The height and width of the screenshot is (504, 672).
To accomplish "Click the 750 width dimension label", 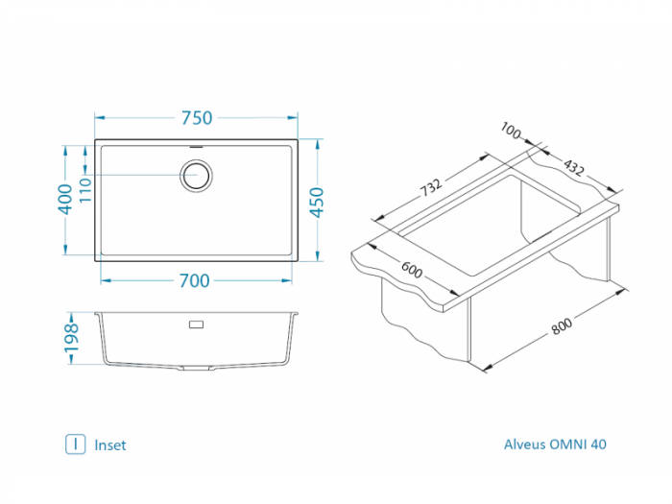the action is pyautogui.click(x=197, y=118).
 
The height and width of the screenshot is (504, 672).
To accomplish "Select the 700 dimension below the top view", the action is pyautogui.click(x=195, y=280).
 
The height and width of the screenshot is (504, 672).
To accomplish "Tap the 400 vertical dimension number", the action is pyautogui.click(x=65, y=199).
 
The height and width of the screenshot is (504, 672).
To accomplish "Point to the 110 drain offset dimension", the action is pyautogui.click(x=85, y=190).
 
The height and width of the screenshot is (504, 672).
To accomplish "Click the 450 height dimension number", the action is pyautogui.click(x=317, y=203).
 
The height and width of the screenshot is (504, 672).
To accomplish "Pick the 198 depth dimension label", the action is pyautogui.click(x=72, y=338).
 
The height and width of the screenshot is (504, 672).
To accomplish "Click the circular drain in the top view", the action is pyautogui.click(x=196, y=176).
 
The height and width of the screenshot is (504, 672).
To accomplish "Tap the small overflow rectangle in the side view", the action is pyautogui.click(x=196, y=324).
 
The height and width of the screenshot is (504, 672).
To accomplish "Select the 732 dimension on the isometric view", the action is pyautogui.click(x=431, y=187).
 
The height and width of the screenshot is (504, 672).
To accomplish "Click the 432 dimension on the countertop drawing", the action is pyautogui.click(x=574, y=168).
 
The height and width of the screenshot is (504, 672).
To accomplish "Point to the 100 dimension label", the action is pyautogui.click(x=511, y=131).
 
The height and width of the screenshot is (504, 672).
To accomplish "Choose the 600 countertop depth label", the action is pyautogui.click(x=412, y=270).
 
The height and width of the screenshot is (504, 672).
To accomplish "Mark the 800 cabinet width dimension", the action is pyautogui.click(x=562, y=326).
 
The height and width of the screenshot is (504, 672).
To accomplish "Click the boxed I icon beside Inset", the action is pyautogui.click(x=76, y=444).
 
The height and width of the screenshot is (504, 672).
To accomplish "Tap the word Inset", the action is pyautogui.click(x=110, y=445).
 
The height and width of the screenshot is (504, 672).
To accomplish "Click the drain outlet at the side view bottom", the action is pyautogui.click(x=197, y=368).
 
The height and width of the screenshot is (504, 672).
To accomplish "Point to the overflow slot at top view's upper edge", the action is pyautogui.click(x=196, y=147).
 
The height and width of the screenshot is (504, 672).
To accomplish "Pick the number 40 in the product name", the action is pyautogui.click(x=598, y=444).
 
